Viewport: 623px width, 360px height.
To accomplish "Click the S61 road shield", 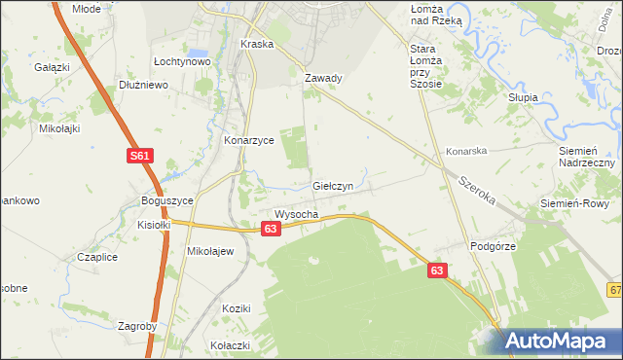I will coord(138,156).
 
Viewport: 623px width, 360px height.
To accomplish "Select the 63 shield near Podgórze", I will coord(438,273).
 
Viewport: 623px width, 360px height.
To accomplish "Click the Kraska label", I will coord(257,45).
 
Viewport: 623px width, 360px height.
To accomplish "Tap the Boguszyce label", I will coord(167,200).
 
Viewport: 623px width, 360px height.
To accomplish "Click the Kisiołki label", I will coord(154,224).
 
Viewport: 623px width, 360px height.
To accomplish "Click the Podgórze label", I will coord(492,247).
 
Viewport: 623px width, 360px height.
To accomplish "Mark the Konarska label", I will coord(466,152).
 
